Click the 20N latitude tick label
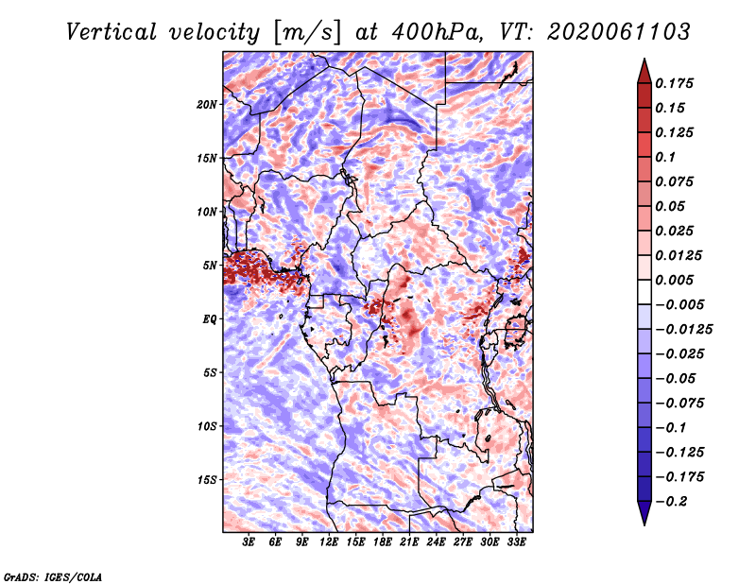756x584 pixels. tap(207, 104)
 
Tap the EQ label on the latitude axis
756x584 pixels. tap(210, 319)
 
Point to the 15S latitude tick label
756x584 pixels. tap(207, 480)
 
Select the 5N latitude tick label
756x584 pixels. tap(210, 266)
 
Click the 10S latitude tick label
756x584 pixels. tap(207, 426)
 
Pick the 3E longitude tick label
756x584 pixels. tap(249, 542)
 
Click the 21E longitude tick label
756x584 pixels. tap(410, 542)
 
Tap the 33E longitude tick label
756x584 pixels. tap(517, 542)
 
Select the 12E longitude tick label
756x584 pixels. tap(330, 542)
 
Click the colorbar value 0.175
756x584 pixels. tap(678, 83)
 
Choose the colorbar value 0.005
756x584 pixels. tap(678, 280)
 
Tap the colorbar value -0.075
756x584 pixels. tap(682, 403)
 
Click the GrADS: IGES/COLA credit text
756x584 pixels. tap(52, 575)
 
